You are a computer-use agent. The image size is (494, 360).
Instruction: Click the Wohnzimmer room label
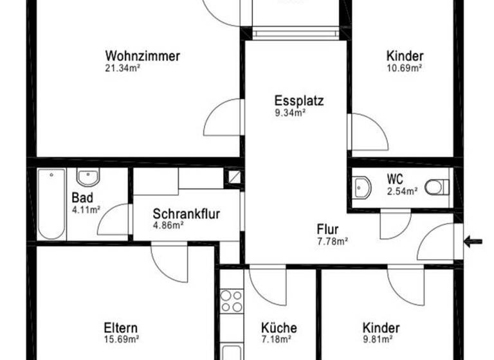(x=143, y=56)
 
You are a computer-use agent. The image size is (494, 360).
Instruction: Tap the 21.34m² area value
(x=123, y=67)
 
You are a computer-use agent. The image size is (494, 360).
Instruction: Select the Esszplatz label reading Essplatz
(x=298, y=101)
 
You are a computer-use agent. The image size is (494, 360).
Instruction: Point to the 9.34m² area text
(x=290, y=113)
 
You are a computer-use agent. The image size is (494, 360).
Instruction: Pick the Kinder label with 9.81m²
(x=381, y=328)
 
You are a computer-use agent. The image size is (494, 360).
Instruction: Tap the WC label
(x=395, y=179)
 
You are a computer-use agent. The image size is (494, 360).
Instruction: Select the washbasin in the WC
(x=361, y=187)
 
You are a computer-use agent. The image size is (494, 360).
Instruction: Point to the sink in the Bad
(x=87, y=176)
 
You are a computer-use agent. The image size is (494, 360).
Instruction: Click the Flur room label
(x=327, y=229)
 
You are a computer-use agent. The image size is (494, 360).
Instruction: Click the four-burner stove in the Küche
(x=232, y=301)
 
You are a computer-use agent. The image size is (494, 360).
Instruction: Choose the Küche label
(x=279, y=328)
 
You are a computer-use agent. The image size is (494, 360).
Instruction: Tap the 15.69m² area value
(x=122, y=339)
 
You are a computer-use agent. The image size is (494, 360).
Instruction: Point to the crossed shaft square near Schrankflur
(x=233, y=177)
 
